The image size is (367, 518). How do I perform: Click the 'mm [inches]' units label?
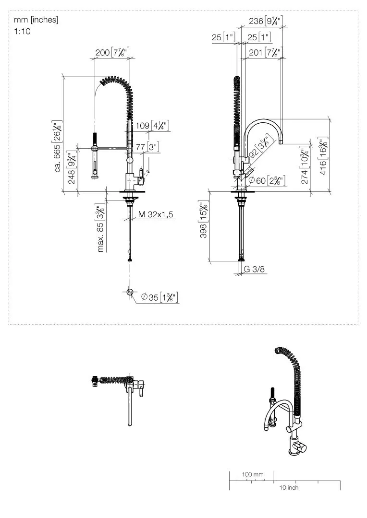(x=36, y=20)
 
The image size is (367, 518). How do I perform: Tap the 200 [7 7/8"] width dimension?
(x=112, y=52)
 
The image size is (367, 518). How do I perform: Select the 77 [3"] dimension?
(x=147, y=147)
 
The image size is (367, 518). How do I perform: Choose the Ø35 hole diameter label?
(x=159, y=297)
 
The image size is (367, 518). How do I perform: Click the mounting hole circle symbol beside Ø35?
(x=130, y=292)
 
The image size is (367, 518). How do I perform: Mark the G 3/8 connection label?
(x=254, y=269)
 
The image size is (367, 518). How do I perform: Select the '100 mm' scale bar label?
(x=252, y=474)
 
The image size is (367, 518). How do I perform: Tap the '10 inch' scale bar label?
(x=289, y=487)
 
